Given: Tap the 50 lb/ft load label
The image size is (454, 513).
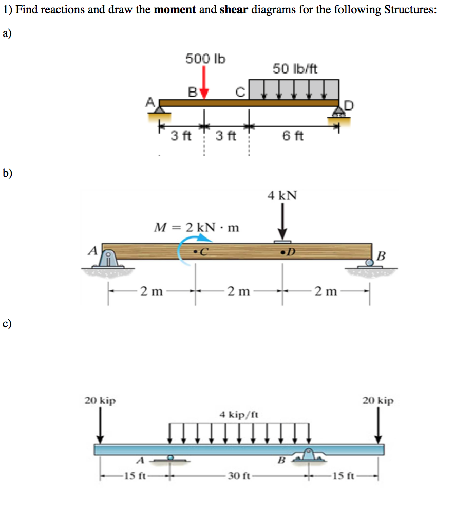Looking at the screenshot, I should point(295,68).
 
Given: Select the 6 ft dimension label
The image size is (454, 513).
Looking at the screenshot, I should point(293,136).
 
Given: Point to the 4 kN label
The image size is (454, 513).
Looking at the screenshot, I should point(282,195).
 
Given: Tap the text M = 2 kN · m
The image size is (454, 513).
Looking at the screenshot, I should point(197,227).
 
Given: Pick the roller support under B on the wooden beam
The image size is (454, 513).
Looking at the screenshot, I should point(369,263).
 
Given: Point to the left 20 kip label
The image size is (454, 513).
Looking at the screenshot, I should point(100,400).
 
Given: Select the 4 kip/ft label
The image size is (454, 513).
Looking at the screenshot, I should point(239,414).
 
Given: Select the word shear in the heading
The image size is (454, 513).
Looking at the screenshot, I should point(234,10).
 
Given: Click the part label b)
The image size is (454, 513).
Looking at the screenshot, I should point(7,173).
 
